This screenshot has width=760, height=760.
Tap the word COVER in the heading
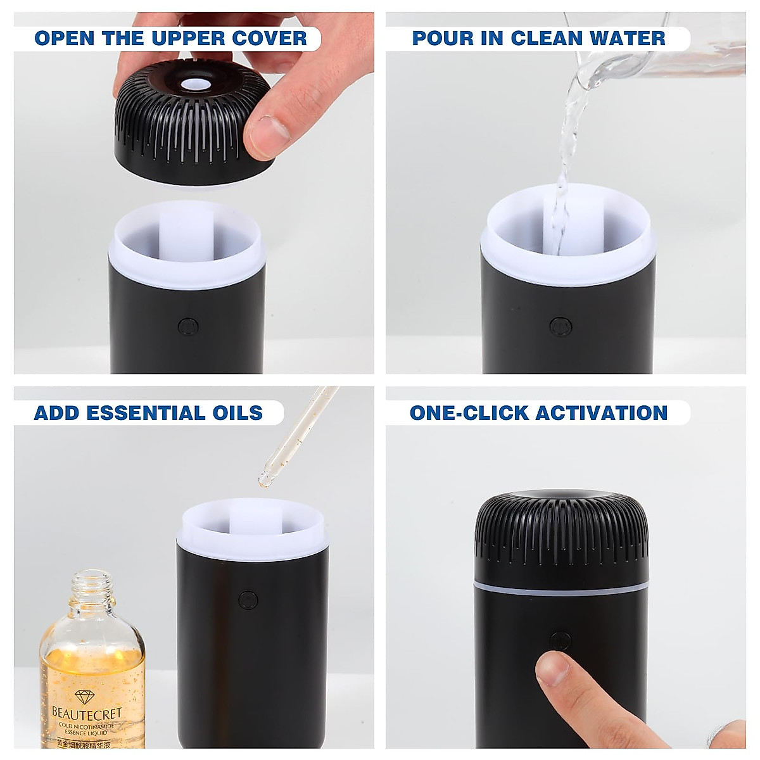269,38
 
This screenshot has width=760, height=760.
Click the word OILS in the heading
238,413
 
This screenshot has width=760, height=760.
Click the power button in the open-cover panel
188,327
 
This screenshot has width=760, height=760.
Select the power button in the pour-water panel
560,327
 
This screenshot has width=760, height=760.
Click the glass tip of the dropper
265,479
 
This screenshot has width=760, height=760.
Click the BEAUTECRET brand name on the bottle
87,714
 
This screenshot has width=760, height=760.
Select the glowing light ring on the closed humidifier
561,590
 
